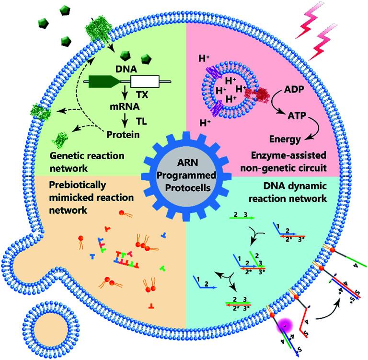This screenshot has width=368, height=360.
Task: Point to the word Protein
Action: [123, 134]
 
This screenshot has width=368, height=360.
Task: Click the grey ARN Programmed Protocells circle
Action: [184, 173]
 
